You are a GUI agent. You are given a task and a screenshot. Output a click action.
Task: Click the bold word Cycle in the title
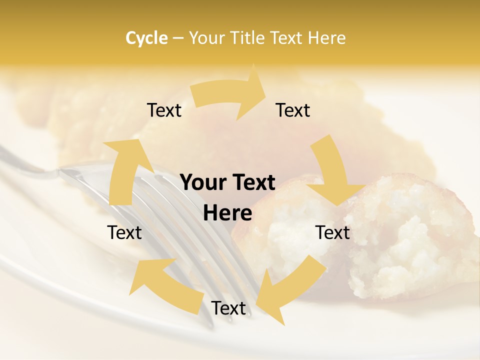pyautogui.click(x=146, y=38)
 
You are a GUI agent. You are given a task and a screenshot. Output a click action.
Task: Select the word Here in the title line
pyautogui.click(x=327, y=38)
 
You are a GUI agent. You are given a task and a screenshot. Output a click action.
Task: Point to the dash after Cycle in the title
pyautogui.click(x=178, y=38)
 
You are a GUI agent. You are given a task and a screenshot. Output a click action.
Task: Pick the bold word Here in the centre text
pyautogui.click(x=227, y=213)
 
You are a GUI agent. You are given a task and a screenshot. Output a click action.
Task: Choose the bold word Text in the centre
pyautogui.click(x=251, y=183)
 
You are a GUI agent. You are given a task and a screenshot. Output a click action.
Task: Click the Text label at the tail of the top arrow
pyautogui.click(x=164, y=110)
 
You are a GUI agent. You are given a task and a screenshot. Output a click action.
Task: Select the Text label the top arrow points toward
pyautogui.click(x=293, y=110)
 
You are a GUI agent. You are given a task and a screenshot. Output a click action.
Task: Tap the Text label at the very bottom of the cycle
pyautogui.click(x=228, y=308)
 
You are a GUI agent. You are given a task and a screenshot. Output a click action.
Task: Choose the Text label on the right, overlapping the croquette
pyautogui.click(x=332, y=232)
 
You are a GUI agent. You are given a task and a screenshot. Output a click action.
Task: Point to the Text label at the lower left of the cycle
pyautogui.click(x=124, y=232)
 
